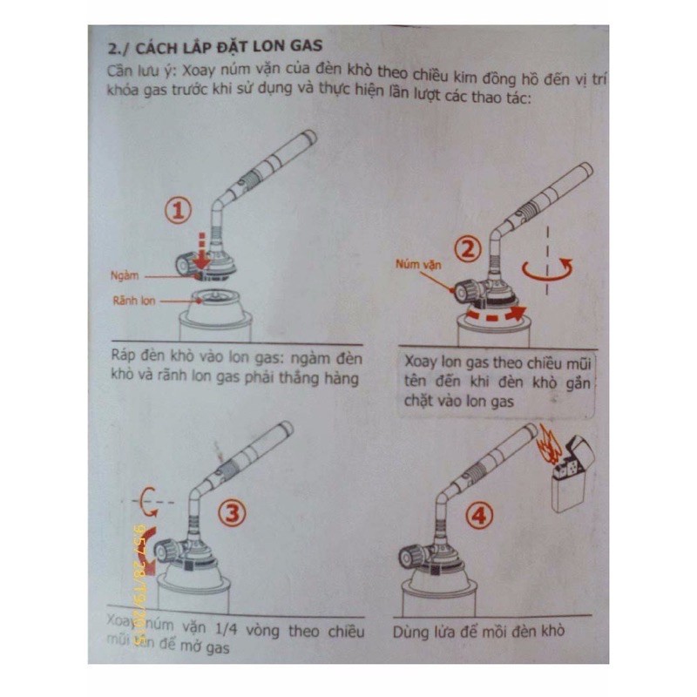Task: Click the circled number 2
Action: (469, 250)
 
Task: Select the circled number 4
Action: (477, 517)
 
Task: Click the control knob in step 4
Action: (412, 554)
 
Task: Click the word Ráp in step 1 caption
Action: (125, 358)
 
